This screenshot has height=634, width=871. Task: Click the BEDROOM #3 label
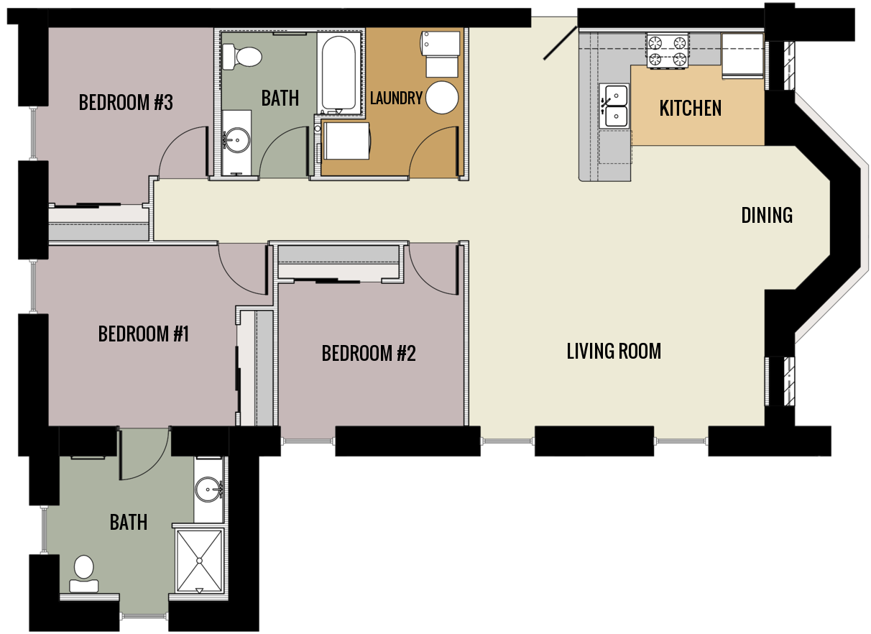[x=126, y=103]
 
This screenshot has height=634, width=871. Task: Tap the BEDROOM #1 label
[x=143, y=334]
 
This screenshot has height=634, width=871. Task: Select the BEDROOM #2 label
[x=369, y=353]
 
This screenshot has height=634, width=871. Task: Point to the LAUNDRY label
[x=396, y=98]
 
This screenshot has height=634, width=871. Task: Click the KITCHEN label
[x=690, y=109]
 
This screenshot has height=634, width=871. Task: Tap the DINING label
[x=767, y=215]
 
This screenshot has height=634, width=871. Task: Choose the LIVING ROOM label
[x=614, y=351]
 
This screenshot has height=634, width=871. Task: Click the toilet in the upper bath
[x=241, y=56]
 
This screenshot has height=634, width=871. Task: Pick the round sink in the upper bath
[x=236, y=139]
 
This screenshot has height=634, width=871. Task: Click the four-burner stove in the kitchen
[x=667, y=51]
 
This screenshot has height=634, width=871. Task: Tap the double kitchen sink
[x=614, y=105]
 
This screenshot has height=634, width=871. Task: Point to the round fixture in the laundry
[x=442, y=98]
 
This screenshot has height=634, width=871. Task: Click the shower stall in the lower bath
[x=200, y=560]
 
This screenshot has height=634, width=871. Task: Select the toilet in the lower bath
[x=84, y=573]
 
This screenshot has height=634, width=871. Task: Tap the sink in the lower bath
[x=209, y=490]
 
